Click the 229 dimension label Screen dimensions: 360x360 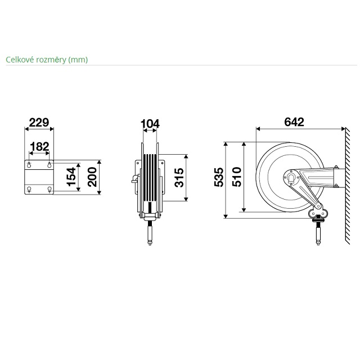(39, 123)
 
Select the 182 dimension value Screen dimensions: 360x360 (39, 146)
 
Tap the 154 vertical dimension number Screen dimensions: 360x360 (71, 177)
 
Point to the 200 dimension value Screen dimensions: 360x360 (92, 177)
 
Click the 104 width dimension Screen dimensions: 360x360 (150, 124)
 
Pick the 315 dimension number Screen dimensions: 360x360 (179, 178)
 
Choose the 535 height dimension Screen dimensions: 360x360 (219, 177)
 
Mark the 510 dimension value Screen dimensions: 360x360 (237, 177)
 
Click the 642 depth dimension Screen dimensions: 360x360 (294, 122)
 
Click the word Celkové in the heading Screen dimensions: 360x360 (20, 60)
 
